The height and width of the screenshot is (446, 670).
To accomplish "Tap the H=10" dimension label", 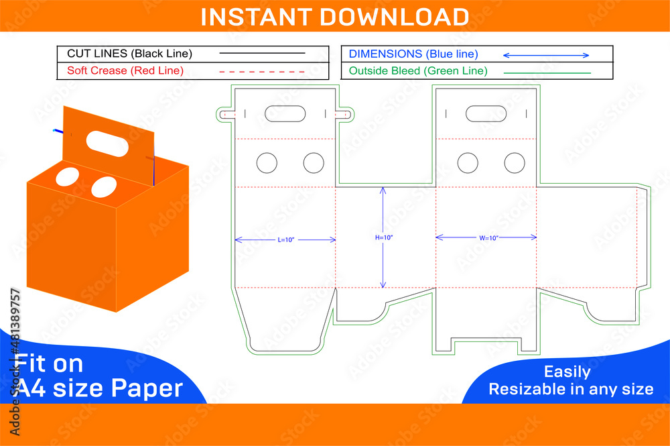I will [x=384, y=237].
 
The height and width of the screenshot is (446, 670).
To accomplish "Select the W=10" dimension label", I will [x=486, y=237].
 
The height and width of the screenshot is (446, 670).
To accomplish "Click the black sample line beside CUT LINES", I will [x=262, y=53].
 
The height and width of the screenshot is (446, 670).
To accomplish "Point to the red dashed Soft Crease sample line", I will [x=262, y=70].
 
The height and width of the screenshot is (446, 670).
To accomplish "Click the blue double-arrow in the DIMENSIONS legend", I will [x=545, y=55].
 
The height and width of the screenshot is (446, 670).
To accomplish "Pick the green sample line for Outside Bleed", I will [x=547, y=72].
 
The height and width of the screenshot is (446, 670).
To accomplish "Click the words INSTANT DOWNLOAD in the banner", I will [x=334, y=16].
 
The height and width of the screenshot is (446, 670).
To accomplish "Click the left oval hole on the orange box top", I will [x=67, y=176].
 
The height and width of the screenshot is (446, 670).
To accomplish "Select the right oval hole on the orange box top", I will [x=103, y=186].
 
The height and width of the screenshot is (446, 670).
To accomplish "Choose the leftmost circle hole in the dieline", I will [x=267, y=162].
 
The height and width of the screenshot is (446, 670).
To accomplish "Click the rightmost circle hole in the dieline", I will [x=515, y=162].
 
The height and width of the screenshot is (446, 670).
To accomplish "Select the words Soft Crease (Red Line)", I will [x=125, y=70].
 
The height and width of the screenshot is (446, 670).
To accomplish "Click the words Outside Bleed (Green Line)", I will [x=418, y=70].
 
